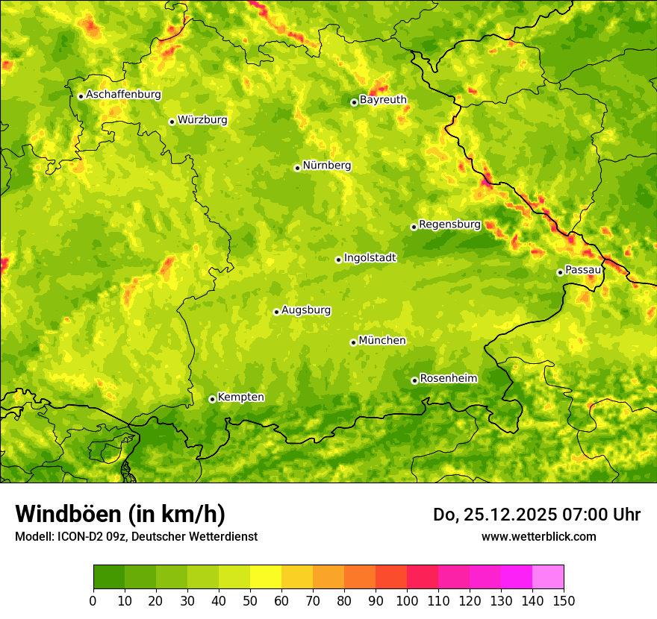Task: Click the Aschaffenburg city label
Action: coord(123,95)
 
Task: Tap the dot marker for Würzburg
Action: coord(172,122)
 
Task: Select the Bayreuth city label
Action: coord(383,100)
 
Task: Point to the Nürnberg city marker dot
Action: coord(297,168)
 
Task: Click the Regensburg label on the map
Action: coord(449,224)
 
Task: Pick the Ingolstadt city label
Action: coord(370,258)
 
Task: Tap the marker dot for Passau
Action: coord(560,272)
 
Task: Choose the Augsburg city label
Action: coord(306,310)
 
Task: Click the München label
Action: coord(382,341)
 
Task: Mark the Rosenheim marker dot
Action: coord(414,380)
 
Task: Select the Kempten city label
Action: coord(240,398)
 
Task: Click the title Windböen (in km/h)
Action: coord(120,514)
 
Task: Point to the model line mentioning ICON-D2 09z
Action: coord(136,537)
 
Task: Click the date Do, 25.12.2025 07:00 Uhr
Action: coord(536,515)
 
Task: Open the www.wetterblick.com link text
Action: coord(538,537)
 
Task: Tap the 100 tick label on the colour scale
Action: coord(407,601)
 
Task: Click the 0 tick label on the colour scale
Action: coord(93,601)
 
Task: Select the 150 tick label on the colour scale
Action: coord(564,601)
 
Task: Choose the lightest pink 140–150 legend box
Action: coord(548,577)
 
